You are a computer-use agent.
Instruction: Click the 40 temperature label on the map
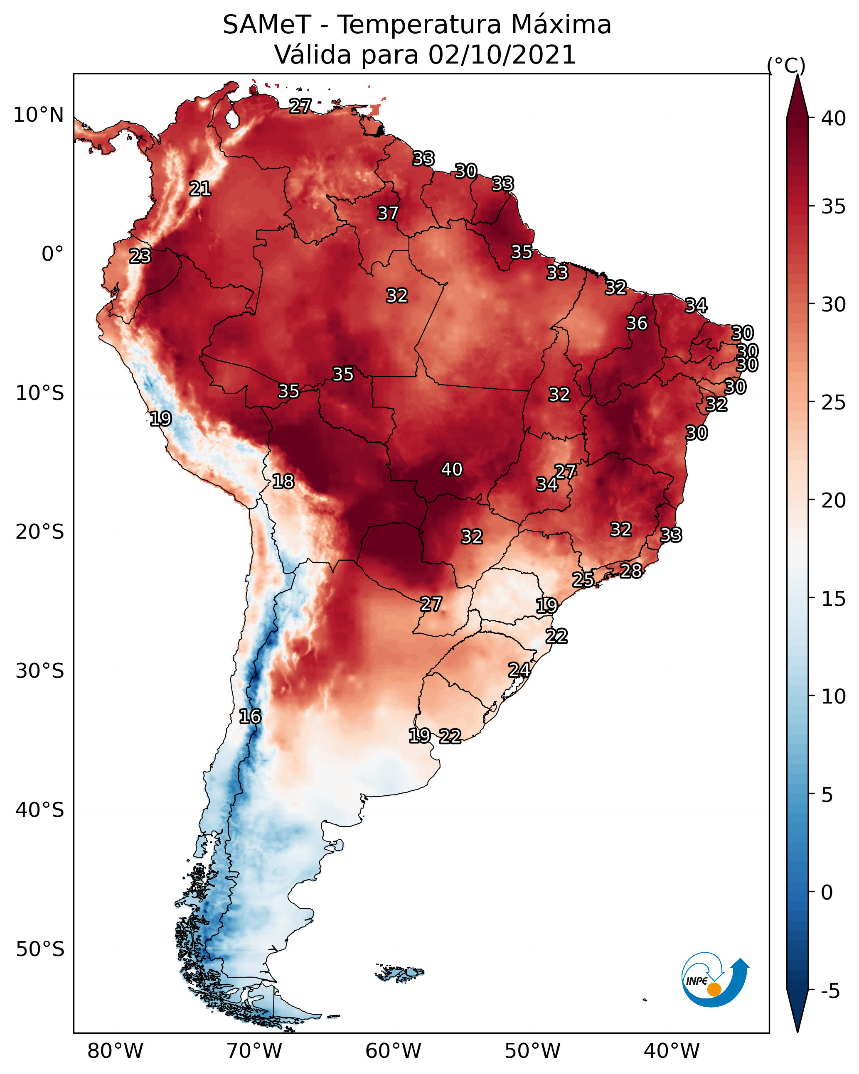452,469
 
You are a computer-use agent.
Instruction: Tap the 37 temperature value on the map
387,213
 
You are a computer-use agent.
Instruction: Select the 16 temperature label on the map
250,716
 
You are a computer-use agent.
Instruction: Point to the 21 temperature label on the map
200,189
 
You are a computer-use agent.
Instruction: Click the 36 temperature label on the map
637,323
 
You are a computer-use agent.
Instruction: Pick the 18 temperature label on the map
283,481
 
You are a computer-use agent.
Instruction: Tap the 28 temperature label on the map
631,570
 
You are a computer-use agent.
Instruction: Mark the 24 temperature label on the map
519,669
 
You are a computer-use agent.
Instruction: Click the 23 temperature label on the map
140,256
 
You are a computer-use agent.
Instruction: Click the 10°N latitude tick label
38,115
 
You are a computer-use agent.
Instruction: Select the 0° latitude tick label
52,254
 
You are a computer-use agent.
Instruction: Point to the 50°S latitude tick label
40,949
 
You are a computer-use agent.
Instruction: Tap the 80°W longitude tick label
115,1051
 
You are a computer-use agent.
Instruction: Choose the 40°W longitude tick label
672,1051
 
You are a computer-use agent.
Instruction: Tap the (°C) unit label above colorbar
786,65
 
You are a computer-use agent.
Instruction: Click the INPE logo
715,981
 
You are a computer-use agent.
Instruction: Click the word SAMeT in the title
267,25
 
